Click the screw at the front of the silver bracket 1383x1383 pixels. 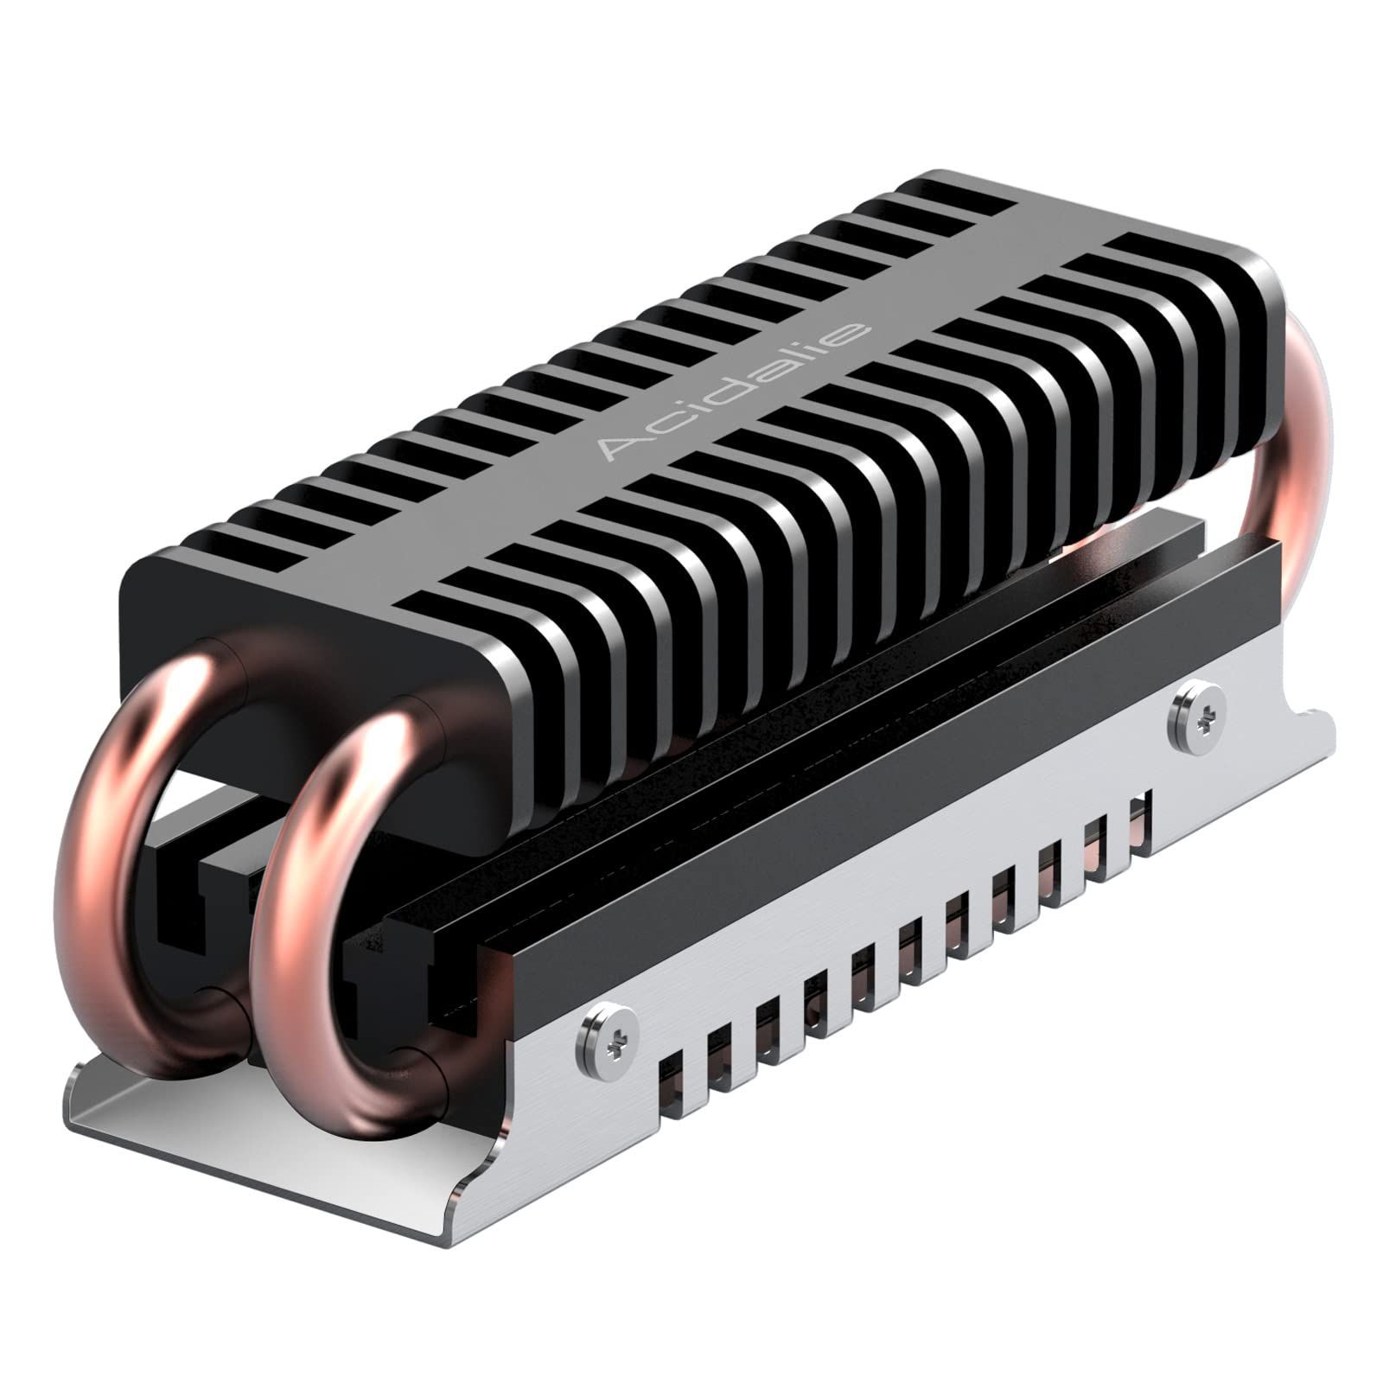point(608,1042)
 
